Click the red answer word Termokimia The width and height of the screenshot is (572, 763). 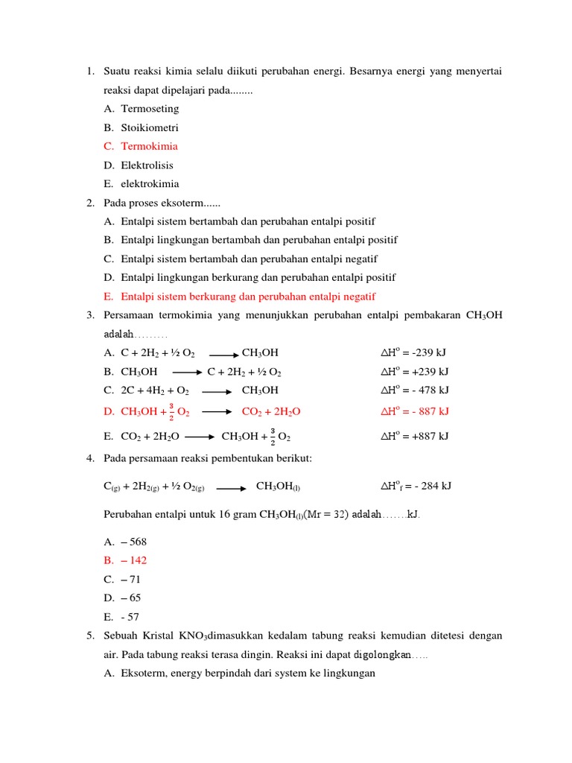(149, 146)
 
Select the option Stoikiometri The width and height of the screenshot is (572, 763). (150, 127)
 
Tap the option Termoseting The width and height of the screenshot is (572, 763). (150, 109)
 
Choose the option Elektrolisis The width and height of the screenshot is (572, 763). (147, 165)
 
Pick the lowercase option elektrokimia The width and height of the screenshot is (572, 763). (150, 184)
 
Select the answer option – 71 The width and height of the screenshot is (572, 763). (131, 579)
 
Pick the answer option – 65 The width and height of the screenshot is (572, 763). (131, 598)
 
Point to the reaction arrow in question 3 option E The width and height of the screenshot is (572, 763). (200, 437)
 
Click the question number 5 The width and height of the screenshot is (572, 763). (89, 636)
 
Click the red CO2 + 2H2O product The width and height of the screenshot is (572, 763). (271, 411)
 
